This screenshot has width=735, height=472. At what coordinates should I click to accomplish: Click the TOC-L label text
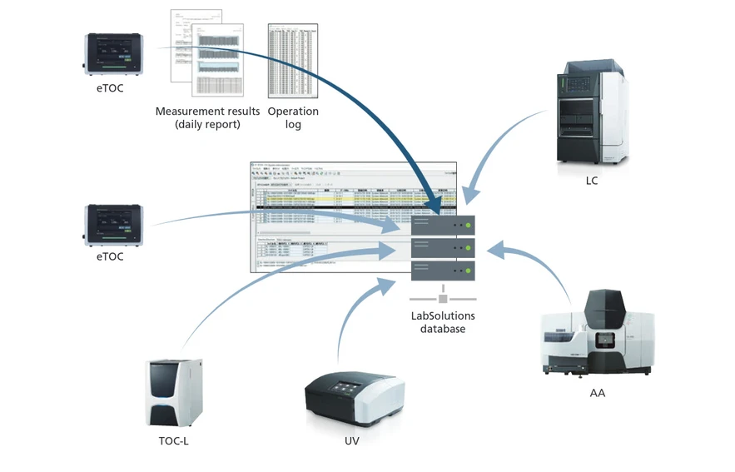coord(174,440)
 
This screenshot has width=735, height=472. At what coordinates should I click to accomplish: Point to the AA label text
coord(597,392)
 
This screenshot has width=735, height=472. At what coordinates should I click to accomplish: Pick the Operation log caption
coord(293,117)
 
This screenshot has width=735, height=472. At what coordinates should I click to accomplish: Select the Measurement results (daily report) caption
coord(207,117)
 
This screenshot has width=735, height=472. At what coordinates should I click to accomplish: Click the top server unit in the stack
coord(443,226)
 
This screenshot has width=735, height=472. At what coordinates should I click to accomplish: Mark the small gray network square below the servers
coord(443,298)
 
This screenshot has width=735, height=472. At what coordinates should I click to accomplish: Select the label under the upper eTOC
coord(109,87)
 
